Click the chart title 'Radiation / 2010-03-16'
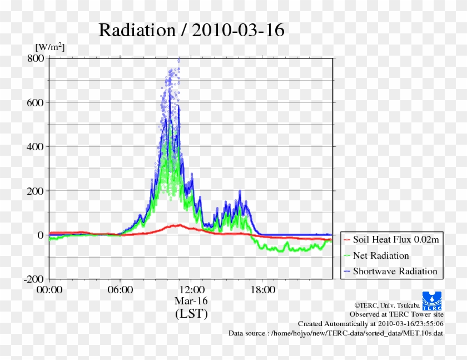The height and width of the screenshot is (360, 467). [191, 30]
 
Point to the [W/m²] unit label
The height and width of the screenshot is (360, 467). [49, 47]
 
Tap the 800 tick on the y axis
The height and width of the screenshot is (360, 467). [35, 58]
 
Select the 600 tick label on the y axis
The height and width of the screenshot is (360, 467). [35, 102]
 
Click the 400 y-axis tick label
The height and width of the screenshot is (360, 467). [35, 146]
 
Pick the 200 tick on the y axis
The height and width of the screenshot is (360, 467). [35, 190]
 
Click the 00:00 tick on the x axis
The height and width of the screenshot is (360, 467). [49, 290]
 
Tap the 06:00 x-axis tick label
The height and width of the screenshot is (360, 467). [120, 290]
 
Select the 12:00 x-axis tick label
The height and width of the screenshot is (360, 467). [191, 290]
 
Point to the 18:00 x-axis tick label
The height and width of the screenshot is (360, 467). [262, 290]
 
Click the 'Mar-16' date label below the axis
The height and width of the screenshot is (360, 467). [191, 301]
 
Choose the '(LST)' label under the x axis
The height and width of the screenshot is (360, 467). [191, 314]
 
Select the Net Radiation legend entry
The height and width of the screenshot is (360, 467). [381, 256]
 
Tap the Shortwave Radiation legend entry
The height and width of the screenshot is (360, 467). [395, 272]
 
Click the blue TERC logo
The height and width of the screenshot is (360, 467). [432, 300]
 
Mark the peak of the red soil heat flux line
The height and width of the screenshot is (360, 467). [179, 225]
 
